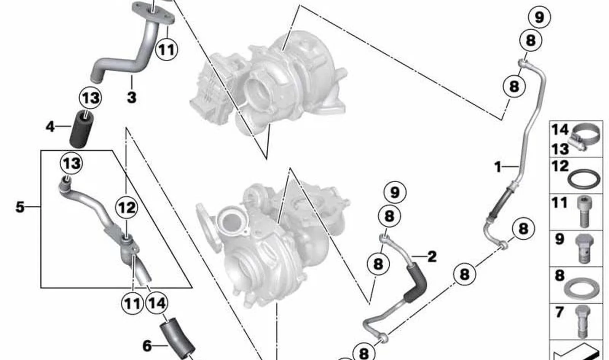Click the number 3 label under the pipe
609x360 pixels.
tap(132, 97)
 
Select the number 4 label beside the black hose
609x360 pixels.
tap(50, 127)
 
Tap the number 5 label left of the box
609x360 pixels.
tap(20, 207)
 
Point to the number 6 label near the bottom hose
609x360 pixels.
tap(147, 346)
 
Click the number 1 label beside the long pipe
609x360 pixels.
tap(498, 167)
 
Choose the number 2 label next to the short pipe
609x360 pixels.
tap(432, 256)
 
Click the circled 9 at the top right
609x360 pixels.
tap(539, 18)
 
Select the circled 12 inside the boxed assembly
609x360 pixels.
tap(126, 208)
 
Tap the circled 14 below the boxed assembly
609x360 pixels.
tap(157, 303)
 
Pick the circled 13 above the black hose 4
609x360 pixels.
tap(90, 98)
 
